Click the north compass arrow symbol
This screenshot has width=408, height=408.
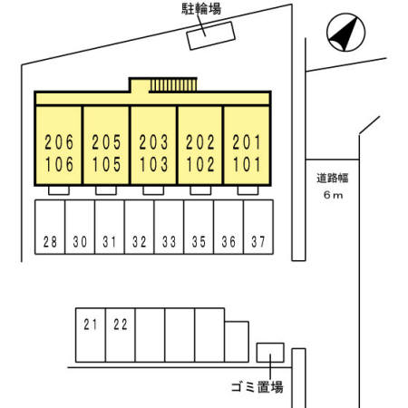pos(340,34)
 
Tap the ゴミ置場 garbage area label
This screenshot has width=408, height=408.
pos(257,388)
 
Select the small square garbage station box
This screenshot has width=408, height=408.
pos(269,352)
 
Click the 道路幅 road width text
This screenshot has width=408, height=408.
pos(332,178)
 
